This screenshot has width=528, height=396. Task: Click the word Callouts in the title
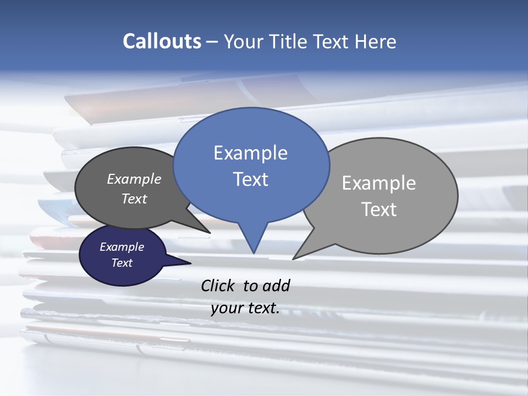click(162, 41)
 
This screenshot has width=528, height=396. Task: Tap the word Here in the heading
click(375, 41)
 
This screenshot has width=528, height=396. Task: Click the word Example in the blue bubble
click(250, 153)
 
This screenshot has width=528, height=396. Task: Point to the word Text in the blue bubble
click(250, 179)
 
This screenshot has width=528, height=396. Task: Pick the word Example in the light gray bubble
click(379, 183)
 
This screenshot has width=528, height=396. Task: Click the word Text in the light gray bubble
click(379, 210)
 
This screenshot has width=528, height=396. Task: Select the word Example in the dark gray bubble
click(134, 179)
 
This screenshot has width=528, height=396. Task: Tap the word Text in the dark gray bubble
click(134, 199)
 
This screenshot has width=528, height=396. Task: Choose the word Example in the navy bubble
click(122, 247)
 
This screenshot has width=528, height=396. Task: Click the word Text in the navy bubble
click(122, 263)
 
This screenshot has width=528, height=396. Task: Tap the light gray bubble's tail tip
click(295, 257)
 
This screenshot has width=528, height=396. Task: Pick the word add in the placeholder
click(276, 285)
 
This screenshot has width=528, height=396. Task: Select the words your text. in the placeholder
click(245, 308)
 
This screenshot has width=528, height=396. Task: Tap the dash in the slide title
click(212, 42)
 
